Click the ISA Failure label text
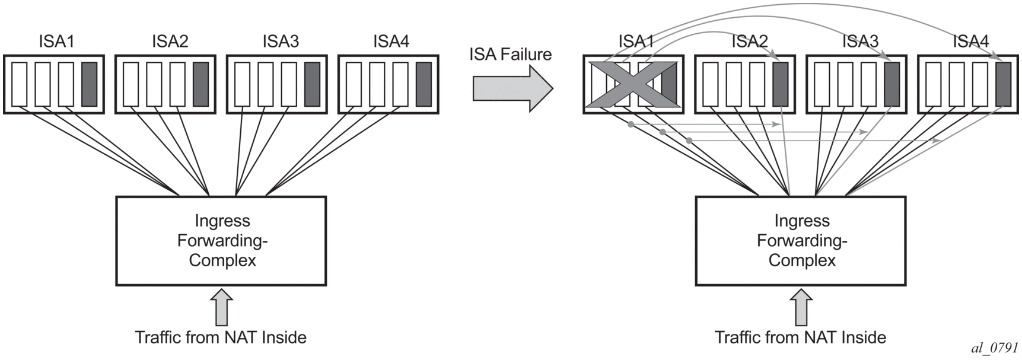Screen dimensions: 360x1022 click(510, 55)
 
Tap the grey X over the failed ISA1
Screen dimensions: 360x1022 click(632, 84)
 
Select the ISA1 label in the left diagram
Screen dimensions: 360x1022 click(57, 42)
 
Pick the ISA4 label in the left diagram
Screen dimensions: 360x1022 click(391, 42)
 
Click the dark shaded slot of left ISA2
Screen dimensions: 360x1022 click(200, 84)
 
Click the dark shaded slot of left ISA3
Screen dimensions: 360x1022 click(312, 84)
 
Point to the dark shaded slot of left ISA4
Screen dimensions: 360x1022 click(424, 84)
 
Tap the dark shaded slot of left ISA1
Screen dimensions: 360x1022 click(90, 84)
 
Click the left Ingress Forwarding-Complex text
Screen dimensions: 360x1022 click(222, 240)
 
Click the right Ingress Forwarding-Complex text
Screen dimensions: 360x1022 click(801, 240)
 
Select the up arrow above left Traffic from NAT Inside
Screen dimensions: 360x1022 click(222, 307)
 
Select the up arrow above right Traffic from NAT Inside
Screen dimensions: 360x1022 click(801, 307)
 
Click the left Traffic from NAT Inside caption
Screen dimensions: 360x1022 click(221, 337)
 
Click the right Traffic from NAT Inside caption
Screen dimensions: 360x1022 click(800, 337)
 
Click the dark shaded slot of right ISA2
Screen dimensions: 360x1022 click(780, 84)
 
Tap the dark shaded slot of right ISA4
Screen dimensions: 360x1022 click(1003, 84)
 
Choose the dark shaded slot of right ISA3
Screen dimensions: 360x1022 click(892, 84)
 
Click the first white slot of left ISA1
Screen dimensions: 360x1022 click(19, 84)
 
